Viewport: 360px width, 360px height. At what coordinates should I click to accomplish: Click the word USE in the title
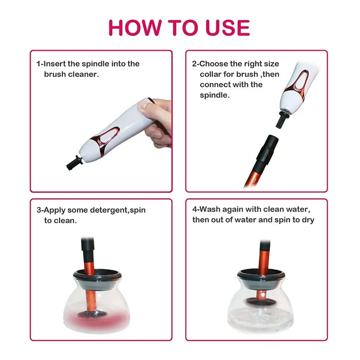[x=228, y=28]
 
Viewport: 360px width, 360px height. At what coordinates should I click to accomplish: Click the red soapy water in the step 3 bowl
[x=96, y=318]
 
